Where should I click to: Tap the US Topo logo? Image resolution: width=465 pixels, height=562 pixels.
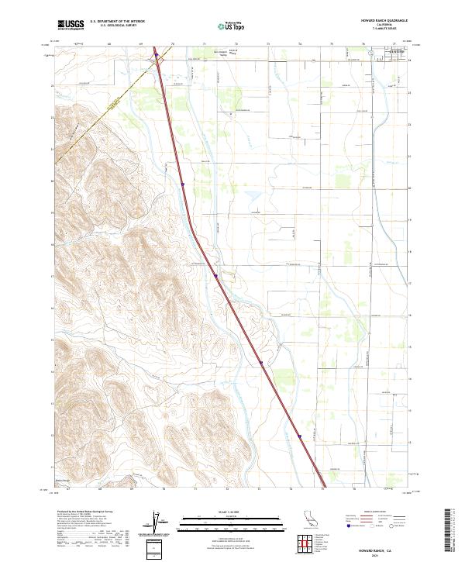(x=229, y=25)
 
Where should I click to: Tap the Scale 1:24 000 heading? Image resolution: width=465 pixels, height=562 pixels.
(x=232, y=512)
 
